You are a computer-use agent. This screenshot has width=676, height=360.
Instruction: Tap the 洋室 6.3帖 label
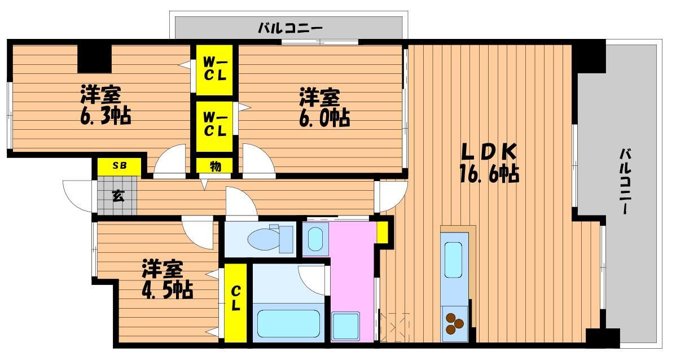tap(106, 105)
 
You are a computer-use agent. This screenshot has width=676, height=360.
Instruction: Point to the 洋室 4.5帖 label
tap(167, 279)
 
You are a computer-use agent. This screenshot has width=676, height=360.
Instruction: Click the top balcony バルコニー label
tap(290, 29)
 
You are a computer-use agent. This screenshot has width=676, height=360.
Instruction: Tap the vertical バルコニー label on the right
tap(626, 181)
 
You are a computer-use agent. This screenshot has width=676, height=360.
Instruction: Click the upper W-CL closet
tap(214, 70)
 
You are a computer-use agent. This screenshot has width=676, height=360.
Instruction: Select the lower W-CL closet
tap(214, 125)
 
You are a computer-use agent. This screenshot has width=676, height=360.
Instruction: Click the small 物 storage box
tap(214, 166)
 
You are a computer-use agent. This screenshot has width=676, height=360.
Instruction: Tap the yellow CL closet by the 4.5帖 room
tap(235, 302)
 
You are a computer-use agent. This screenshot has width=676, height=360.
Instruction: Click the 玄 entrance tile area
tap(117, 196)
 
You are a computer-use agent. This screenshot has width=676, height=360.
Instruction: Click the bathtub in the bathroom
tap(288, 324)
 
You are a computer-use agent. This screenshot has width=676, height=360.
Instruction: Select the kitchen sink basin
tap(453, 260)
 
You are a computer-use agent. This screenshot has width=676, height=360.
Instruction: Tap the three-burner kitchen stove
tap(454, 323)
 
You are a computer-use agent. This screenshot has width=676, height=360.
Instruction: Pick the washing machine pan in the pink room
tap(345, 326)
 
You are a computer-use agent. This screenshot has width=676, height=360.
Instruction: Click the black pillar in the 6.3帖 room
tap(94, 58)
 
